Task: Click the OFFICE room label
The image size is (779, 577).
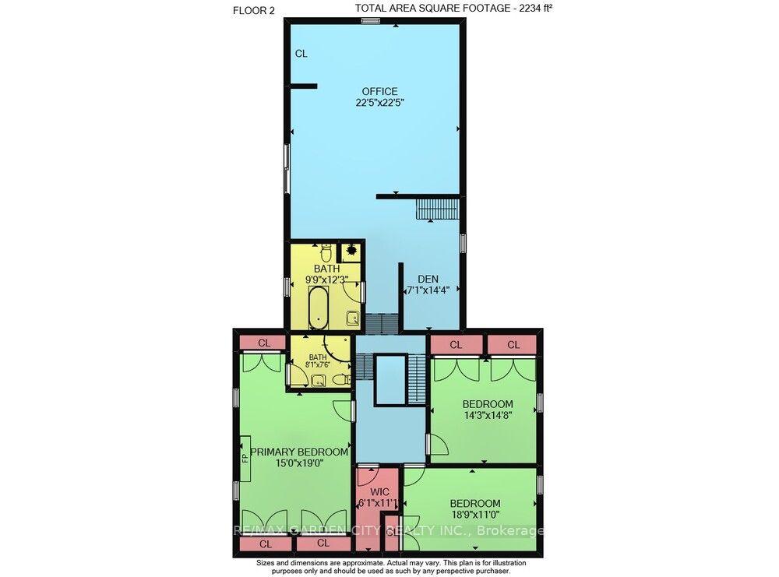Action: tap(379, 91)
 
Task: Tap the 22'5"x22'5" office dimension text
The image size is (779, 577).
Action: tap(379, 103)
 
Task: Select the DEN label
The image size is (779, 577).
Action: tap(428, 279)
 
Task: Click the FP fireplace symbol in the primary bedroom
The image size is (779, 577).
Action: tap(245, 457)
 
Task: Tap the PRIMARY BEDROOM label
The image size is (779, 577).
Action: tap(298, 452)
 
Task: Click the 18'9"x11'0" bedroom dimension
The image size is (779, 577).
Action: tap(475, 515)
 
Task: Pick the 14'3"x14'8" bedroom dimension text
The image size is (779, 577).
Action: tap(488, 415)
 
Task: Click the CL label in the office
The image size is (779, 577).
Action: tap(301, 54)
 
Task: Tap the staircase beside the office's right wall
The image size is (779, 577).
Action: tap(437, 209)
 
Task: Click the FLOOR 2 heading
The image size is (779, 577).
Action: tap(253, 10)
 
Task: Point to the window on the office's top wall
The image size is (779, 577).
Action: tap(370, 20)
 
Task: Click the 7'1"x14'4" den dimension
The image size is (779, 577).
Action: tap(428, 290)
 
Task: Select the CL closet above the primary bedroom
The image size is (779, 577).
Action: tap(264, 343)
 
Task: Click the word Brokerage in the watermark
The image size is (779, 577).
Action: tap(510, 531)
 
